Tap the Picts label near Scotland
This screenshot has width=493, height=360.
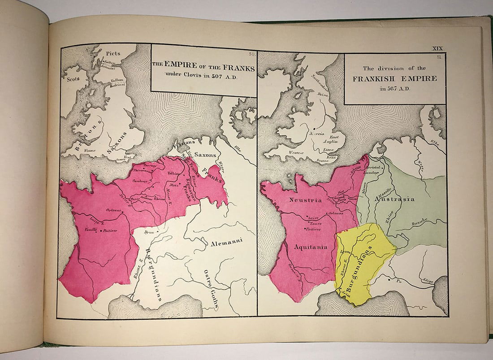click(x=110, y=53)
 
